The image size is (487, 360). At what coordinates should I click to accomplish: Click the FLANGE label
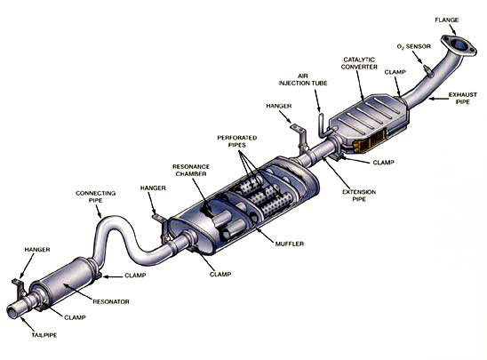point(447,20)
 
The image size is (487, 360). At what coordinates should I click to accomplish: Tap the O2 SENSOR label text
point(414,46)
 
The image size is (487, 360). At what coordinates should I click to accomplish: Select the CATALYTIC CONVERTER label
point(359,63)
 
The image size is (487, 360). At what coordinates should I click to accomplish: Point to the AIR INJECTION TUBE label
point(303,79)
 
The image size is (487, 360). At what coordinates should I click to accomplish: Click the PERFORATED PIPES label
point(237,141)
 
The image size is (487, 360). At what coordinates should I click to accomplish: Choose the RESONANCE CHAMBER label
point(191,170)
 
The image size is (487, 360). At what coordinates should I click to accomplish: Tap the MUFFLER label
point(290,244)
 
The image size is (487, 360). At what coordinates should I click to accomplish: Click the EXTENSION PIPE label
point(359,196)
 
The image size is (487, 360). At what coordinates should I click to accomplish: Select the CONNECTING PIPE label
point(96,196)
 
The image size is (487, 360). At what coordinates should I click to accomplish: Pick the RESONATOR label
point(111,301)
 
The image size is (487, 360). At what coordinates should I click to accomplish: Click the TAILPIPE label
point(44,335)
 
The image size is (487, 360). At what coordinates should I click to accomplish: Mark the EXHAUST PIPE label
point(463,98)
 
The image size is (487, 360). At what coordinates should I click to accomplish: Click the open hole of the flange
point(459,45)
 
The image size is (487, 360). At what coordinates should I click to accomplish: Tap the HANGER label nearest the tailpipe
point(37,250)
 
